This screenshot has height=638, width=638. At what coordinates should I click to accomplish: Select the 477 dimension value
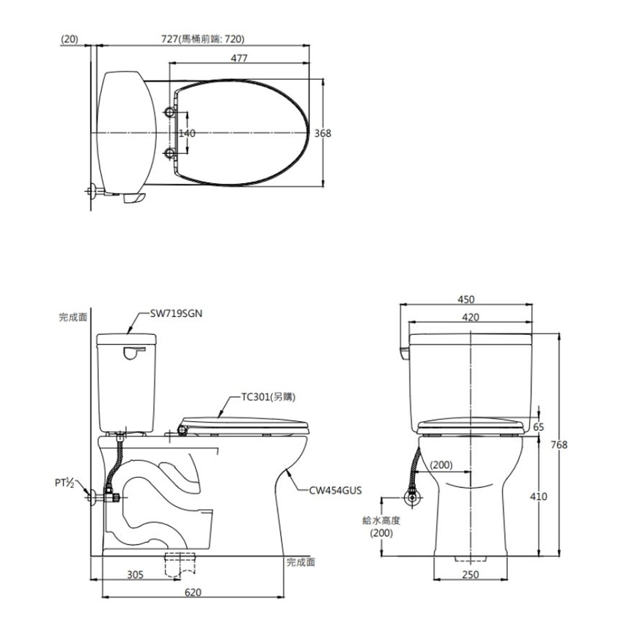pos(239,58)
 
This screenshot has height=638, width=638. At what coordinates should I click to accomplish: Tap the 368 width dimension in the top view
pos(323,133)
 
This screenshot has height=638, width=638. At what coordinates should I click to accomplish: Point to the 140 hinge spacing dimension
pos(187,133)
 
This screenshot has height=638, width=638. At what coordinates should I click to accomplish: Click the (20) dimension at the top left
pos(69,39)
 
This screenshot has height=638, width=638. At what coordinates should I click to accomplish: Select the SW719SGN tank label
pos(176,314)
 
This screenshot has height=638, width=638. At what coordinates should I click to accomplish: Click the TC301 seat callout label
pos(268,397)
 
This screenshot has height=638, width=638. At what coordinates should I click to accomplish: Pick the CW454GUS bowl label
pos(336,490)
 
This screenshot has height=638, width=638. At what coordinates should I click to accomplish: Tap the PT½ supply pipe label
pos(64,483)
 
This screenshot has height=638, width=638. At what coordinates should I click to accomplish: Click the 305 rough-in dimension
pos(135,574)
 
